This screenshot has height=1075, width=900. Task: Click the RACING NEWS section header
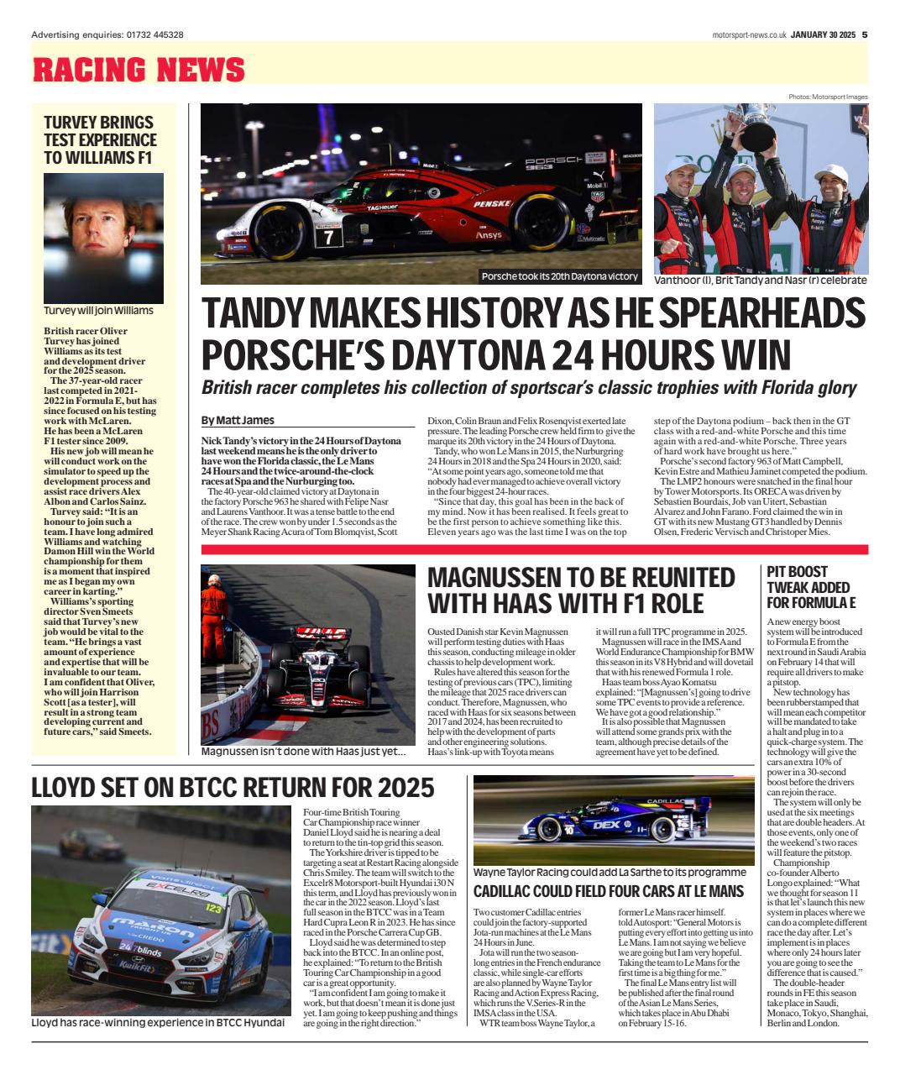pyautogui.click(x=139, y=69)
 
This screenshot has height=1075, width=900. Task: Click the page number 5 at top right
pyautogui.click(x=864, y=34)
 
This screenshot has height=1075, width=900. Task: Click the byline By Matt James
pyautogui.click(x=238, y=420)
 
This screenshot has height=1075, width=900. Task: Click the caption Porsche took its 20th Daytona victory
pyautogui.click(x=559, y=276)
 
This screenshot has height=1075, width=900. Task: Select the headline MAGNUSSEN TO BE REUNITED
pyautogui.click(x=581, y=577)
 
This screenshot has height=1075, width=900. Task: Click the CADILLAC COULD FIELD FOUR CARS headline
pyautogui.click(x=609, y=891)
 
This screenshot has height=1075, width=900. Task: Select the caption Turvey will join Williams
pyautogui.click(x=98, y=310)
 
